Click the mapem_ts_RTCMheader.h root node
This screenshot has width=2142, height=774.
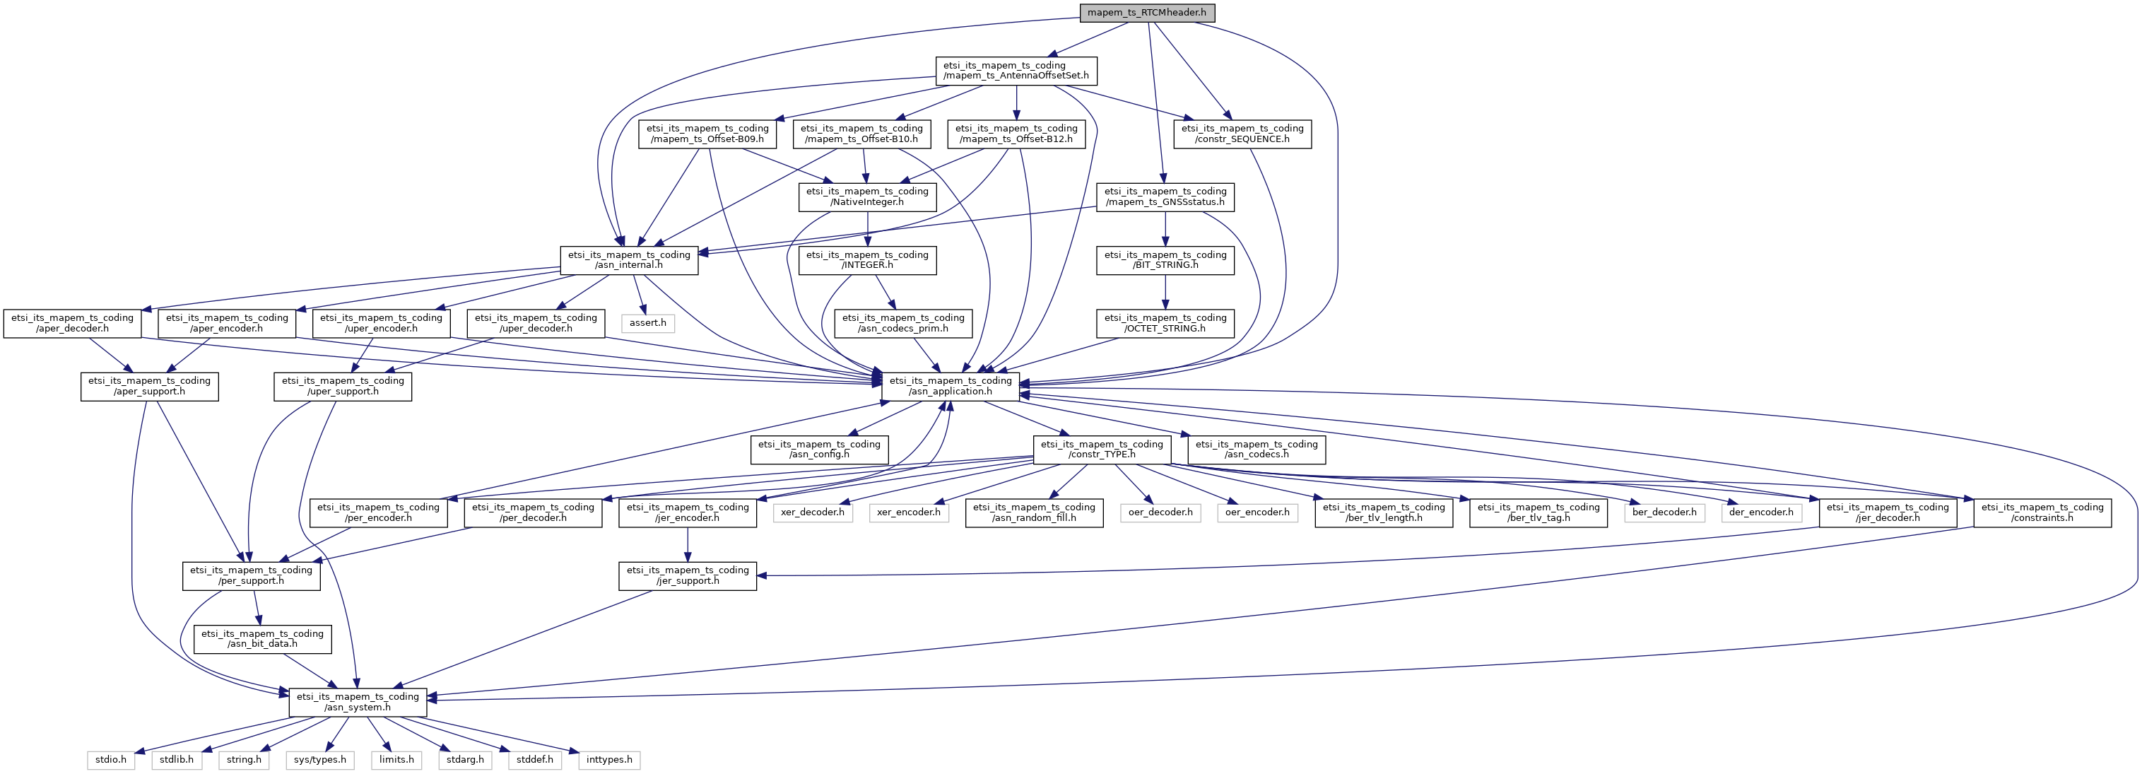tap(1147, 13)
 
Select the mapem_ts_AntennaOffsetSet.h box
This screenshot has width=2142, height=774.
tap(1016, 71)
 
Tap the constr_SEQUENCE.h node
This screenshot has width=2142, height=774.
tap(1242, 134)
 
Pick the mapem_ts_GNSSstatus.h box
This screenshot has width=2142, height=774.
tap(1165, 197)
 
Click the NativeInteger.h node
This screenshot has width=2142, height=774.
tap(867, 197)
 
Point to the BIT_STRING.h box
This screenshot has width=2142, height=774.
tap(1165, 260)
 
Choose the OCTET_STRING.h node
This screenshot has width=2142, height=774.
tap(1165, 324)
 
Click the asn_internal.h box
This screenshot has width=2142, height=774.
tap(629, 260)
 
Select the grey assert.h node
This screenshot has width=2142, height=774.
tap(648, 322)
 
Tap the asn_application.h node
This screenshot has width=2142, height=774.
tap(951, 387)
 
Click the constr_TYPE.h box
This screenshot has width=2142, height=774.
tap(1102, 450)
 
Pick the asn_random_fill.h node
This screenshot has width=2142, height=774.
tap(1034, 513)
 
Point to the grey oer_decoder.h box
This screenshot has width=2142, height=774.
tap(1160, 512)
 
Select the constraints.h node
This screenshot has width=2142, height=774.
tap(2042, 513)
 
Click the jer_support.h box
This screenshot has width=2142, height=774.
tap(688, 576)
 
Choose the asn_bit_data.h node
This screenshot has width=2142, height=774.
tap(262, 639)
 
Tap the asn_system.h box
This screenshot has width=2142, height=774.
tap(358, 703)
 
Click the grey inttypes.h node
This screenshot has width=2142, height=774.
tap(608, 760)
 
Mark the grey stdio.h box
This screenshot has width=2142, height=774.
tap(110, 760)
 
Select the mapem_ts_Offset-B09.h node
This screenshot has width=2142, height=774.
tap(707, 134)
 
